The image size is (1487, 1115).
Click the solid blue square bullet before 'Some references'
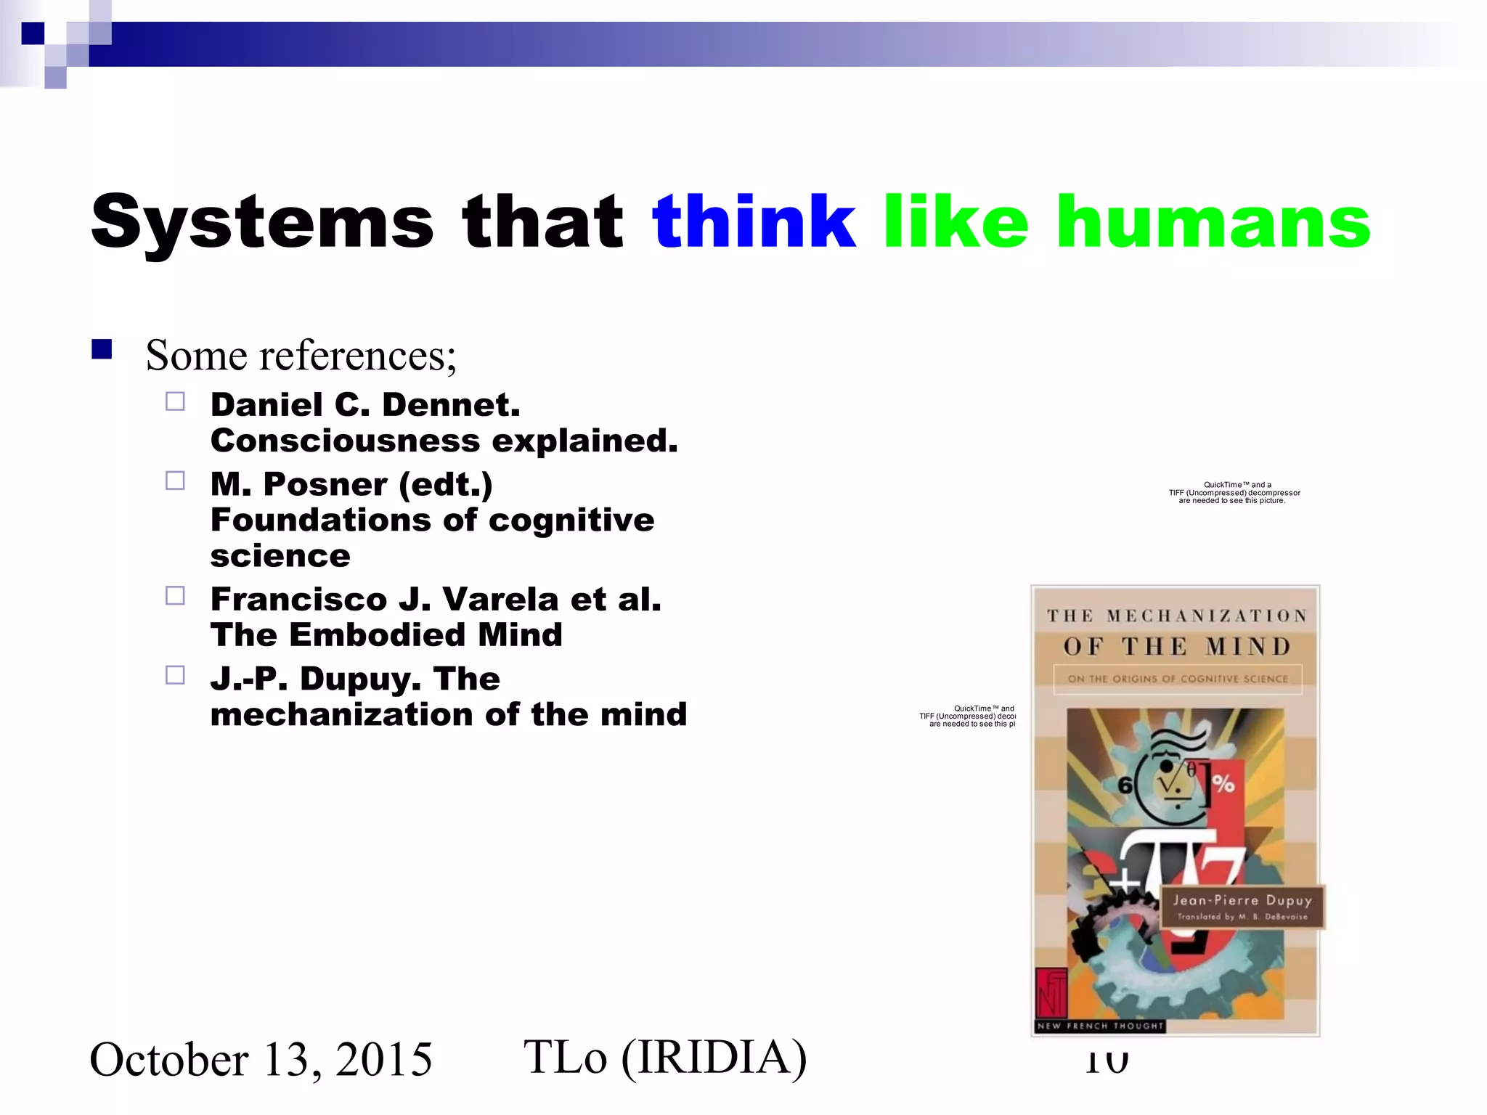pyautogui.click(x=102, y=351)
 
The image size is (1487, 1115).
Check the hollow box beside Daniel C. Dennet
pyautogui.click(x=175, y=401)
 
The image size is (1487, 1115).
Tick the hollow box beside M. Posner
pyautogui.click(x=175, y=481)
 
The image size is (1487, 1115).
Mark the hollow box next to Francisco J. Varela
pyautogui.click(x=175, y=596)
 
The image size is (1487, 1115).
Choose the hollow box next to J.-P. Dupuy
pyautogui.click(x=175, y=675)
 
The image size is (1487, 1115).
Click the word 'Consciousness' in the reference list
pyautogui.click(x=345, y=441)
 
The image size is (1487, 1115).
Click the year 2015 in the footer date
pyautogui.click(x=383, y=1059)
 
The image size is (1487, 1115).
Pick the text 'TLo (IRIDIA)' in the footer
pyautogui.click(x=664, y=1057)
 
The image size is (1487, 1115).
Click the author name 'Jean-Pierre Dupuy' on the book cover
pyautogui.click(x=1242, y=900)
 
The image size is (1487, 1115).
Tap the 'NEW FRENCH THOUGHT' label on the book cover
pyautogui.click(x=1099, y=1026)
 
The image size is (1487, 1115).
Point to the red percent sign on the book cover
pyautogui.click(x=1223, y=784)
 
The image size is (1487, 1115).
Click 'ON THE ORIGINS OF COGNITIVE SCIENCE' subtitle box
pyautogui.click(x=1177, y=679)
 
